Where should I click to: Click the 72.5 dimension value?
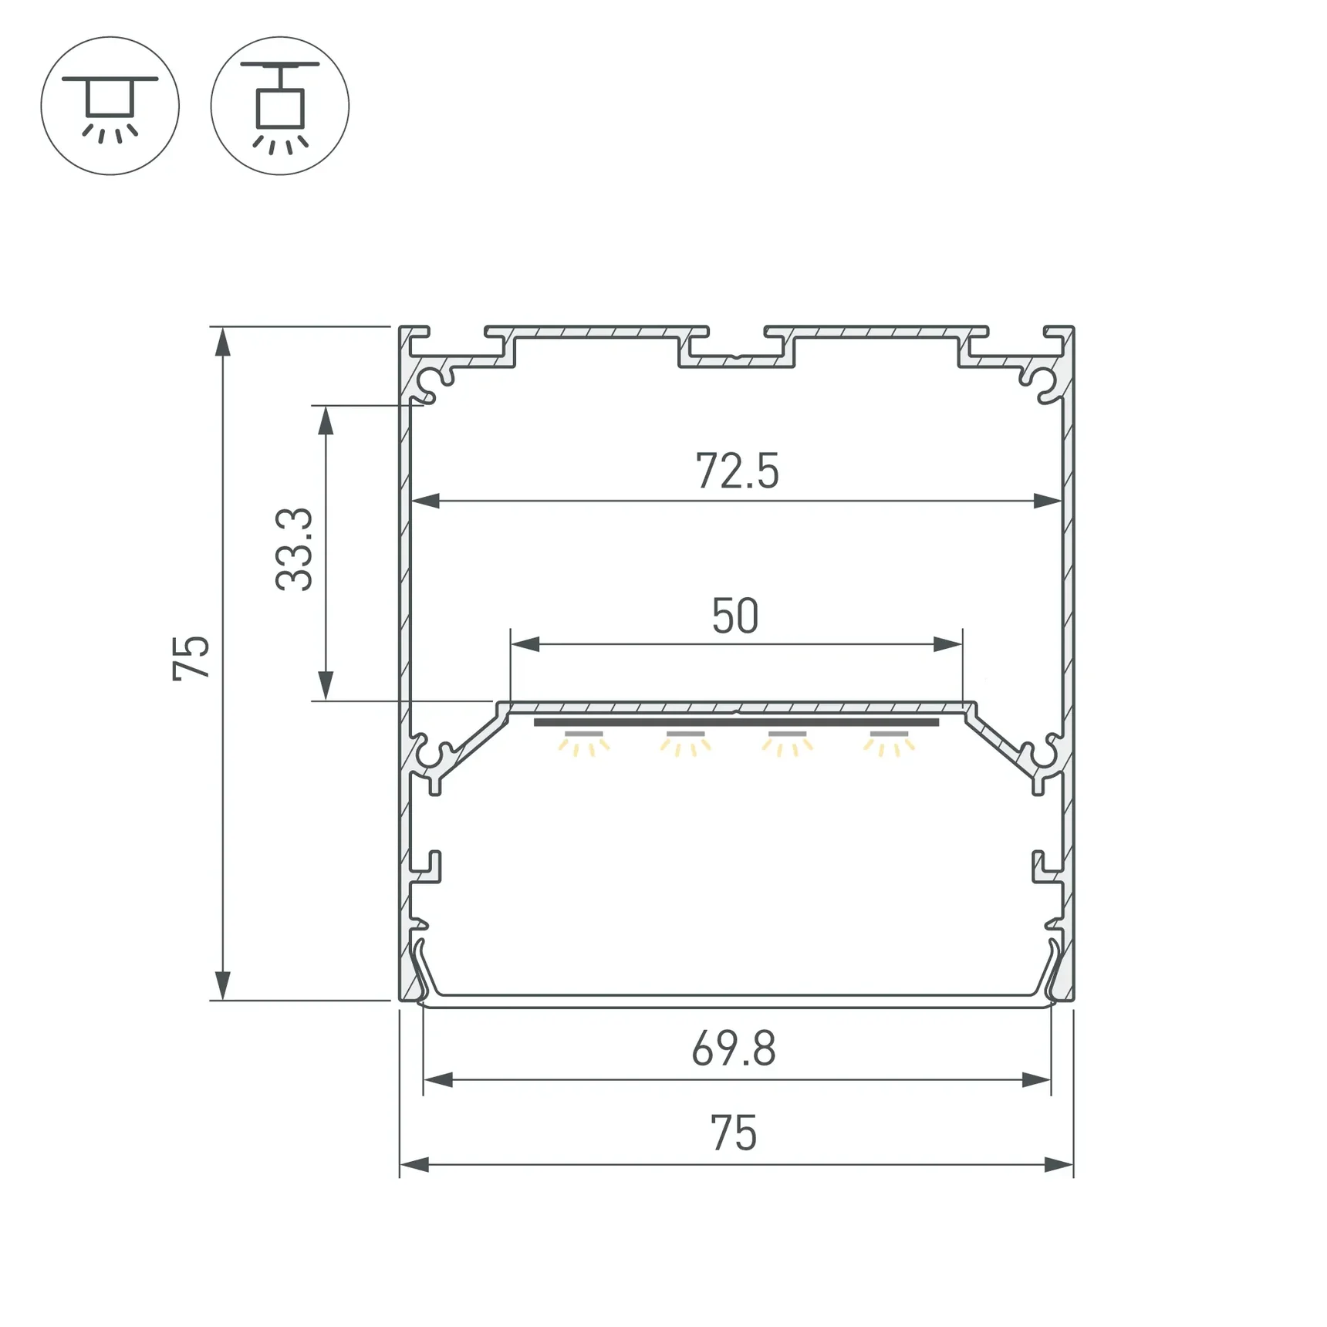click(737, 471)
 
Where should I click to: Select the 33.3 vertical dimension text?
click(295, 549)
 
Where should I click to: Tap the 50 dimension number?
click(734, 616)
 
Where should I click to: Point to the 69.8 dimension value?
click(733, 1049)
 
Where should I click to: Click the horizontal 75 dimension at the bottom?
click(733, 1133)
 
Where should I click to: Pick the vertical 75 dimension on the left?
click(191, 658)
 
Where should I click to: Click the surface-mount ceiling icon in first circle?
click(110, 106)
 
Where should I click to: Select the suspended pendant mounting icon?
click(280, 106)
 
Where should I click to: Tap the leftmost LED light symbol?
click(584, 743)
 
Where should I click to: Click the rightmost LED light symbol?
click(889, 743)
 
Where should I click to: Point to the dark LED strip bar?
click(736, 723)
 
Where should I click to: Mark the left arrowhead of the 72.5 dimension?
click(425, 501)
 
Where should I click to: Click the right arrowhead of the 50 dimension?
click(948, 643)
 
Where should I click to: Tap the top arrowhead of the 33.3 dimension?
click(326, 421)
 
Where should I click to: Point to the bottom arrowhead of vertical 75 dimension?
click(222, 986)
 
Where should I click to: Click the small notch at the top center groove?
click(737, 357)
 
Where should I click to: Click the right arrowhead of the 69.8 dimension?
click(1036, 1080)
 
